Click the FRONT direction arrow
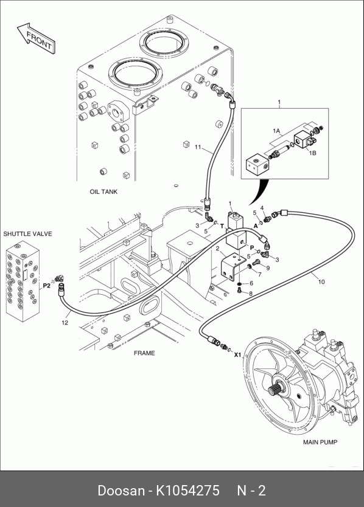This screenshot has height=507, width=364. pyautogui.click(x=36, y=38)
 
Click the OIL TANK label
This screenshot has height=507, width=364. pyautogui.click(x=103, y=191)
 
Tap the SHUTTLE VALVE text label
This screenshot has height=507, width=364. pyautogui.click(x=27, y=234)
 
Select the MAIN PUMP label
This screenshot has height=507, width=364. pyautogui.click(x=320, y=442)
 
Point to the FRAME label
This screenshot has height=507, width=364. pyautogui.click(x=144, y=353)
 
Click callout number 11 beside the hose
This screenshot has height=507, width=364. pyautogui.click(x=198, y=147)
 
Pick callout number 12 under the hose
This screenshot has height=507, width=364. pyautogui.click(x=65, y=322)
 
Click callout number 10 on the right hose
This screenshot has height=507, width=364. pyautogui.click(x=321, y=281)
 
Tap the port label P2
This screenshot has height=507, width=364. pyautogui.click(x=47, y=286)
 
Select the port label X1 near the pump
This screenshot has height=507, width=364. pyautogui.click(x=238, y=354)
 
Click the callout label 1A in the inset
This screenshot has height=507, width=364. pyautogui.click(x=276, y=131)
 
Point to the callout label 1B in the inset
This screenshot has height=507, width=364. pyautogui.click(x=312, y=153)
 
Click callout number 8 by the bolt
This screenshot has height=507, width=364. pyautogui.click(x=251, y=294)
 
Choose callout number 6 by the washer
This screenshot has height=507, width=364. pyautogui.click(x=251, y=283)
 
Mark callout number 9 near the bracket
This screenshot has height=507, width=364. pyautogui.click(x=268, y=267)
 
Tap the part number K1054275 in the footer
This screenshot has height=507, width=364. pyautogui.click(x=188, y=491)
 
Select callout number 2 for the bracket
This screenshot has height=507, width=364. pyautogui.click(x=218, y=248)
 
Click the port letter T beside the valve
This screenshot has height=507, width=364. pyautogui.click(x=222, y=226)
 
